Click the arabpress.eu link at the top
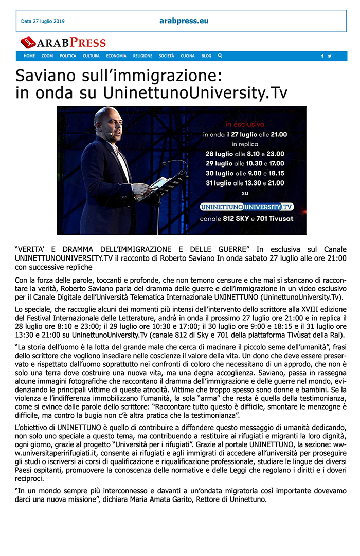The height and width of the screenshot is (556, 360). click(184, 21)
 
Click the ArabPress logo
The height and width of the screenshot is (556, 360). click(63, 43)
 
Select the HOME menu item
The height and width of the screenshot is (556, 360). click(29, 56)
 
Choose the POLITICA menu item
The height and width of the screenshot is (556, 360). click(67, 56)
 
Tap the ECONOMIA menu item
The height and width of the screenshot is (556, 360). click(116, 56)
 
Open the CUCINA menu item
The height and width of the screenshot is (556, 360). click(188, 56)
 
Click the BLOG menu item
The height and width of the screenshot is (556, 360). click(206, 56)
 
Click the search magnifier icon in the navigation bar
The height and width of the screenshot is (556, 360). click(220, 56)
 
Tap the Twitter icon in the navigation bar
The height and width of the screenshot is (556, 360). click(330, 56)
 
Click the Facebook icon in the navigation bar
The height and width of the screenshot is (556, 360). click(322, 56)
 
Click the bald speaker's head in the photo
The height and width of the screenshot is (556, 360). click(106, 119)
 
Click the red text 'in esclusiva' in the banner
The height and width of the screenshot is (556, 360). click(245, 124)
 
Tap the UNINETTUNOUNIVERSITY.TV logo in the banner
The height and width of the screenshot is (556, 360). click(247, 207)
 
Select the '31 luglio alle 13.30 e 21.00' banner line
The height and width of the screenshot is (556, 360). click(245, 182)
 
